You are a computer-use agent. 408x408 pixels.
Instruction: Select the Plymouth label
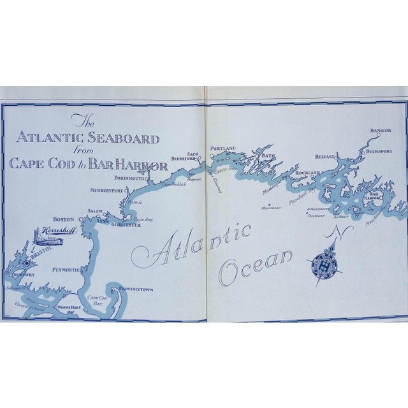65,270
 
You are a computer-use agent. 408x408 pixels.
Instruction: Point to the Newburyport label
105,189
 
